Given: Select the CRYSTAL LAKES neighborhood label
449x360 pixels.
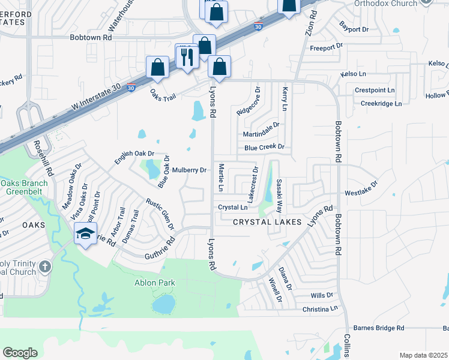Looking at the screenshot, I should (x=267, y=222).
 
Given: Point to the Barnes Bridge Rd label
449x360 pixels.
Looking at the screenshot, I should (x=379, y=328).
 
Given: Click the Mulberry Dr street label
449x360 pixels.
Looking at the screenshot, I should (x=189, y=170).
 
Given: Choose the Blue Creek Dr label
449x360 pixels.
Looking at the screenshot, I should (x=264, y=147).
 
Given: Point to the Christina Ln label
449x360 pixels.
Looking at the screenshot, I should (x=321, y=308).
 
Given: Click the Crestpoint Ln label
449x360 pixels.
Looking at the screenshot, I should (x=375, y=90).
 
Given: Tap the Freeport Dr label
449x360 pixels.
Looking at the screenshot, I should (x=326, y=46).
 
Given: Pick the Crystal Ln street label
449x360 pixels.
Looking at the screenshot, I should (x=233, y=207).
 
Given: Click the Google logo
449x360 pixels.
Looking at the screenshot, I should (x=20, y=353).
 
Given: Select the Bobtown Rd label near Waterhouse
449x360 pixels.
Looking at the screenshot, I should (x=91, y=37).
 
